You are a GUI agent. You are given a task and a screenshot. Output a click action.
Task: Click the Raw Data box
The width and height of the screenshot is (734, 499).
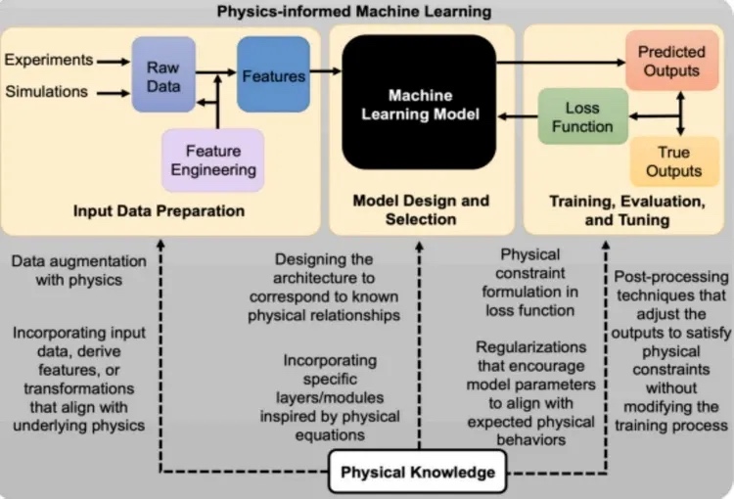[163, 74]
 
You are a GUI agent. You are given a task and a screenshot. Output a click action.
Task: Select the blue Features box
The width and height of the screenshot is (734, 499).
[273, 74]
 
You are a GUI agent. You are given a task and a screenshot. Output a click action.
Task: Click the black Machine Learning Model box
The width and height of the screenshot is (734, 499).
[419, 103]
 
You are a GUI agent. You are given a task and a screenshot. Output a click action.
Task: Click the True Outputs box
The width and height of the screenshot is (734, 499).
[672, 161]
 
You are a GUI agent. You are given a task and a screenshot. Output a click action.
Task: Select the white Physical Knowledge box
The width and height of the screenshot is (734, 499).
[417, 474]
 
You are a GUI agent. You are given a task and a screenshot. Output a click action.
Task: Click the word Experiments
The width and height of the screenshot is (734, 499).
[49, 60]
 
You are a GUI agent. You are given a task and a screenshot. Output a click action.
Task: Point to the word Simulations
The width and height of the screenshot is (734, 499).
[47, 92]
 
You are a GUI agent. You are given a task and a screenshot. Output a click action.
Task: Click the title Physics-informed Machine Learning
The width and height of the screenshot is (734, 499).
[367, 12]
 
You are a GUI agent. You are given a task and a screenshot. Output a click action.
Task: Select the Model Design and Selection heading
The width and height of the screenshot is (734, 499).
[421, 209]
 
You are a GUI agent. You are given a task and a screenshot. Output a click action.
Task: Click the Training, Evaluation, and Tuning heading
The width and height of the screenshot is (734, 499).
[627, 210]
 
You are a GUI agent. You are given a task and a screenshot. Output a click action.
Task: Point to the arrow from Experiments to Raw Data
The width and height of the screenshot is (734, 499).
[113, 61]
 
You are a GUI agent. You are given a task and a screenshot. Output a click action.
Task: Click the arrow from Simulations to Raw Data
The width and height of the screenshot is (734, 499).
[113, 93]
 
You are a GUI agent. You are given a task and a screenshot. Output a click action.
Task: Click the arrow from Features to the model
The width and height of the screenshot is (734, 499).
[326, 71]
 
